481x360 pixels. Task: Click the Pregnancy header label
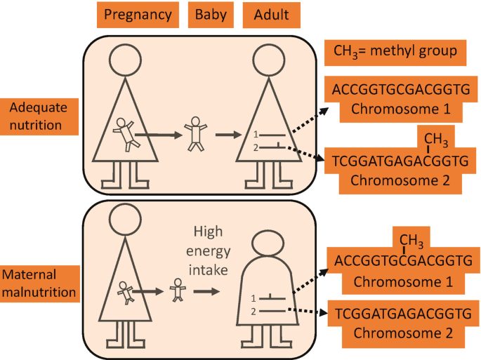(137, 14)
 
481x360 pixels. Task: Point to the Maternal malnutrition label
(39, 281)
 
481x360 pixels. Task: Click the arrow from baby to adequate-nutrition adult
(228, 134)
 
